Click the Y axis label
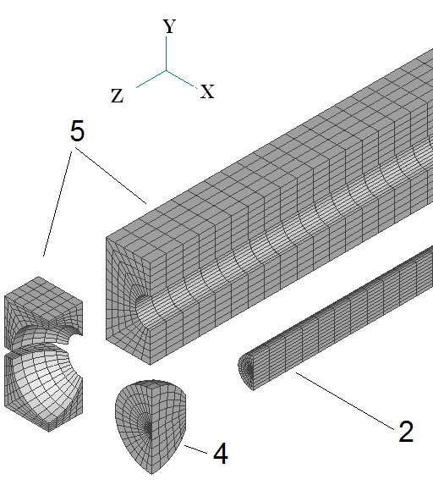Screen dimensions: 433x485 (x=169, y=26)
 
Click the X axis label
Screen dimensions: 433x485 (x=207, y=91)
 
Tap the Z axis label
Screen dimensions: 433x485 (x=118, y=96)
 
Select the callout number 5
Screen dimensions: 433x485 (x=77, y=131)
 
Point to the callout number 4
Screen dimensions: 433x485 (x=221, y=454)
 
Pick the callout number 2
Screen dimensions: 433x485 (x=406, y=431)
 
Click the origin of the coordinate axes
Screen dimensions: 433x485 (x=167, y=70)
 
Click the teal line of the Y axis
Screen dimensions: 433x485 (x=167, y=53)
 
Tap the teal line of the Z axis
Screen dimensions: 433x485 (x=151, y=80)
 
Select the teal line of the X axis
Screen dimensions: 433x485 (x=182, y=80)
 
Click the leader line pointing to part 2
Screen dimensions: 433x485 (x=345, y=401)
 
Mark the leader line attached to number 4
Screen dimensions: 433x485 (x=196, y=449)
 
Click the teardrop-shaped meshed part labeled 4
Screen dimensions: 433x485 (x=151, y=425)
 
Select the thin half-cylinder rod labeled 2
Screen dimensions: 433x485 (x=336, y=318)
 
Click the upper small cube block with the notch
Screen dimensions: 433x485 (x=43, y=309)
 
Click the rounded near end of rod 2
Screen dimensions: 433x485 (x=246, y=369)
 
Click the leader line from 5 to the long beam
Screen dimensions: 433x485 (x=111, y=176)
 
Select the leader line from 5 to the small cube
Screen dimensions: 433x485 (x=58, y=203)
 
